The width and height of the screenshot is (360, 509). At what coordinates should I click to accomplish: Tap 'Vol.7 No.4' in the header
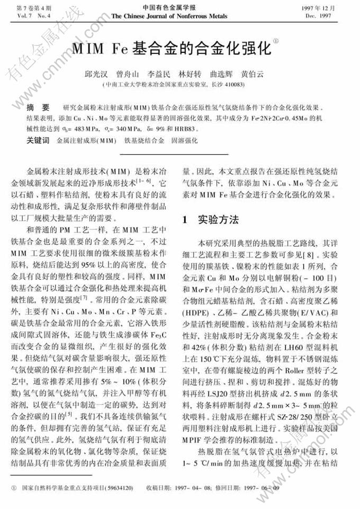(24, 16)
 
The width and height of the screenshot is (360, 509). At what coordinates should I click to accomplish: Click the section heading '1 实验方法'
(210, 219)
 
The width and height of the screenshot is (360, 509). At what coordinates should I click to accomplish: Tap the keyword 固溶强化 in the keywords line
(183, 140)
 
